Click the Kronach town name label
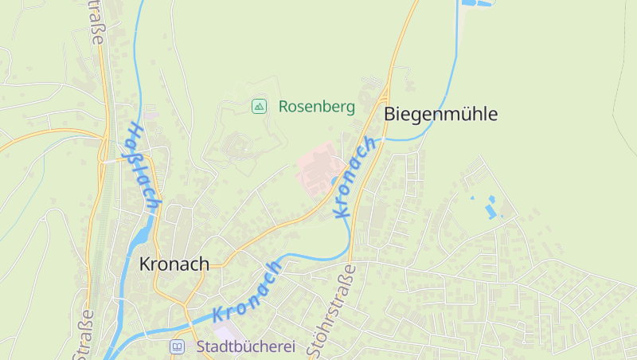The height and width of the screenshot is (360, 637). coord(174,264)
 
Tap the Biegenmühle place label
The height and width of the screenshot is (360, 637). coord(440,114)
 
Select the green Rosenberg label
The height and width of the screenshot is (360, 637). coord(316,106)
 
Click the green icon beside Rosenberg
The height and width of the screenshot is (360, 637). coord(259,106)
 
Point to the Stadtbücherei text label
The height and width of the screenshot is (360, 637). coord(245,347)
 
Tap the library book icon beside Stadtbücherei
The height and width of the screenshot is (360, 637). coord(177,347)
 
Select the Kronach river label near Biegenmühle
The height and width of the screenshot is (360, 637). coord(354,178)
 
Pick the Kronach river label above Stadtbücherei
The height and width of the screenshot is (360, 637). coord(248,292)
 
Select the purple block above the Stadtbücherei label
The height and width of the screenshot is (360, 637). coord(225,330)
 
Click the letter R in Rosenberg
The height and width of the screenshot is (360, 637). coord(283,106)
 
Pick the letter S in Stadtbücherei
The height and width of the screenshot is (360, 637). coord(201,347)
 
